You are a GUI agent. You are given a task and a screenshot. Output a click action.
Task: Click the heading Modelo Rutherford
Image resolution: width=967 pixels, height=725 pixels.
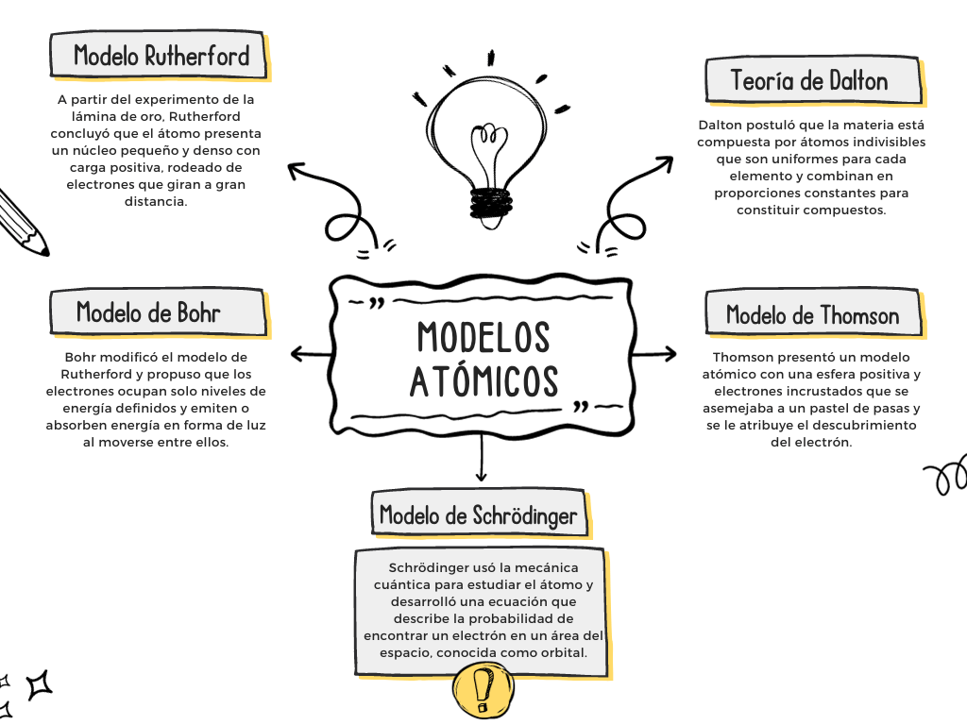[x=161, y=56]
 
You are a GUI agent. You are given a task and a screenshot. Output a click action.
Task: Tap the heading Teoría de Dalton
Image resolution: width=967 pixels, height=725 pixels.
[x=809, y=80]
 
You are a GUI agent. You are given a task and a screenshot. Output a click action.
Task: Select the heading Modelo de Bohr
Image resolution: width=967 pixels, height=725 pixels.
[x=148, y=312]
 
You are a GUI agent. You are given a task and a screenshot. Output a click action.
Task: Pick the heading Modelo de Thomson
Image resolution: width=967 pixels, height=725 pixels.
[x=812, y=314]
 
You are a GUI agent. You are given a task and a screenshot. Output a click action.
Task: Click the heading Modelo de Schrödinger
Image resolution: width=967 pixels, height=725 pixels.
[x=478, y=515]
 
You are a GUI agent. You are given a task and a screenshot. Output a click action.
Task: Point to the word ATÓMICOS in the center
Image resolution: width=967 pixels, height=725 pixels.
[x=483, y=380]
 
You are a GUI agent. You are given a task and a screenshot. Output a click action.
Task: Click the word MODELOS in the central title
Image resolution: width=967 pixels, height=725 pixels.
[x=483, y=337]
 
